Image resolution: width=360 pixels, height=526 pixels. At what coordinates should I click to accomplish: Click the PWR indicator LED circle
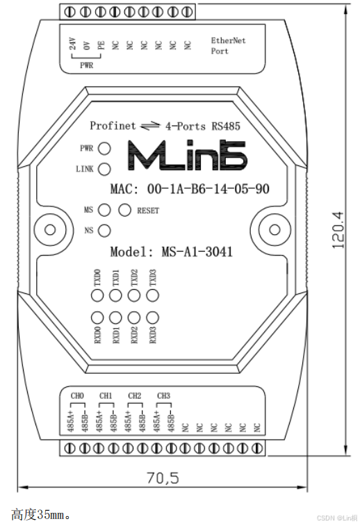coord(104,148)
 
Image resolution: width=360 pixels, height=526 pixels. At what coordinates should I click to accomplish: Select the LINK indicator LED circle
coord(104,169)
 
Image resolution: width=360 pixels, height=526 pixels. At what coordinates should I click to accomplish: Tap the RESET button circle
coord(125,211)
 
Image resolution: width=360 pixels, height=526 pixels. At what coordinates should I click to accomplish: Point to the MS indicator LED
coord(104,211)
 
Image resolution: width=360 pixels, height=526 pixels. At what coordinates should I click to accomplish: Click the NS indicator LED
coord(104,231)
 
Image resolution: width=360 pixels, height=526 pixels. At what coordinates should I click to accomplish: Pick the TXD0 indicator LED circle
coord(97,295)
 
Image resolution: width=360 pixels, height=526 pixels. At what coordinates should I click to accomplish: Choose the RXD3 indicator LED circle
coord(153,318)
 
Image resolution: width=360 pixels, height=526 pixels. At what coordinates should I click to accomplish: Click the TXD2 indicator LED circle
coord(134,295)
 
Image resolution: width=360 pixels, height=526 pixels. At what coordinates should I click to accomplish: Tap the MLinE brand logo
coord(188,156)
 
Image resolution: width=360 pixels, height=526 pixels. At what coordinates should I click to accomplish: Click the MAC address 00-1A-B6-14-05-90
coord(208,189)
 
